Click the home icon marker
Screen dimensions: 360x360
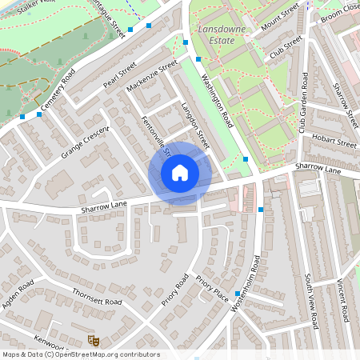click(180, 173)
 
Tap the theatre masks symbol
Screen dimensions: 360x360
click(93, 340)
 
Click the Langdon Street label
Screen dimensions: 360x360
click(194, 123)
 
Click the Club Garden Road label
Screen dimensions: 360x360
click(304, 102)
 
